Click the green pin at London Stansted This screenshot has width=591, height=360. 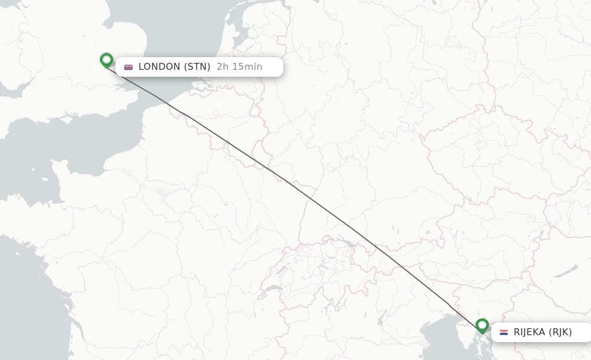coord(106,59)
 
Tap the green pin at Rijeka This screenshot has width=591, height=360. coord(482,326)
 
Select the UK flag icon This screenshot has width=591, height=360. coord(128,67)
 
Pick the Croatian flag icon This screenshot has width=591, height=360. coord(504,332)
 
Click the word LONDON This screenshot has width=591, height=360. coord(159,67)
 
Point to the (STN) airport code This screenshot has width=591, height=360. coord(197,67)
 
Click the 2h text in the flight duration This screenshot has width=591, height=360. coord(222,67)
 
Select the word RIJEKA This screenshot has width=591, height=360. coord(529,332)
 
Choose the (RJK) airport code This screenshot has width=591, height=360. coord(560,332)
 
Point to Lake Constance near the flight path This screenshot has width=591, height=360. coord(346,241)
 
